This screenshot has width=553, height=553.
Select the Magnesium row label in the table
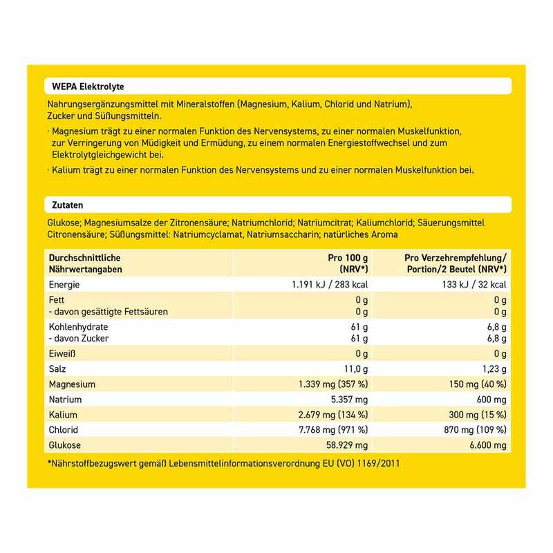(x=71, y=383)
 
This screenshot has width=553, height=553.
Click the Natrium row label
(x=66, y=399)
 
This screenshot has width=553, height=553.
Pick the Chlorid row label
(x=64, y=431)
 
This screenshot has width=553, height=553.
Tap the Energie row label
(x=64, y=284)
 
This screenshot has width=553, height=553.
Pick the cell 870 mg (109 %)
(x=474, y=431)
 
